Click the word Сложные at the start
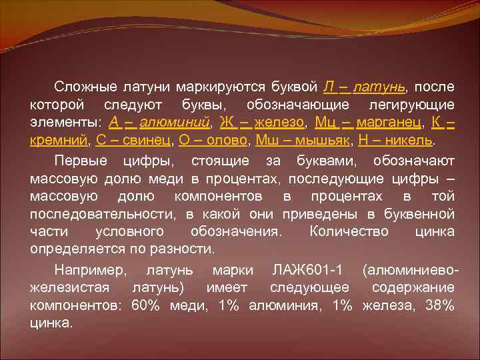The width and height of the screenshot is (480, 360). coord(81,87)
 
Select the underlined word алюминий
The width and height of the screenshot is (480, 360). coord(175,123)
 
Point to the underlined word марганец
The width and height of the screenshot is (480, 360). coord(389,123)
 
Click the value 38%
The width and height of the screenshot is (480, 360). coord(440,305)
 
